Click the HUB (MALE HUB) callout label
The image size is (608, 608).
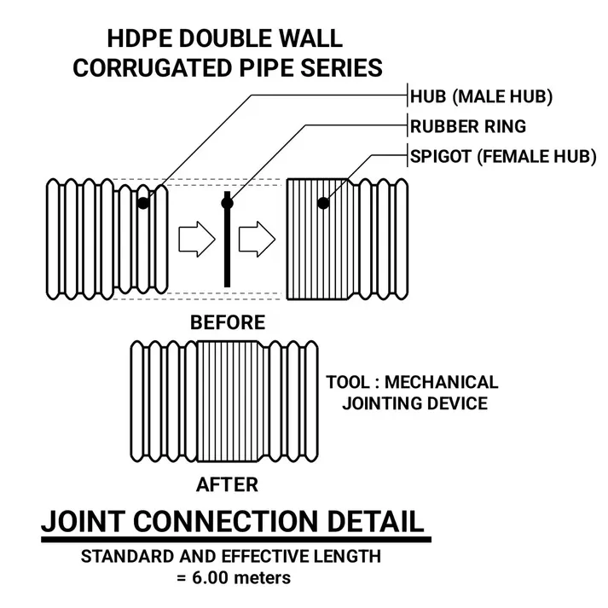[482, 96]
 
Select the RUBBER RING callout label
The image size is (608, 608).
[468, 126]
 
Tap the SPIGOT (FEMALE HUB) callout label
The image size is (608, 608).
[503, 159]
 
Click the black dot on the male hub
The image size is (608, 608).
[143, 203]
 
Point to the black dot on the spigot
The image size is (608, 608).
[323, 203]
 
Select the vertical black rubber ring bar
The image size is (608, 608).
[227, 247]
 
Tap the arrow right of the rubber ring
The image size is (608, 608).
[254, 240]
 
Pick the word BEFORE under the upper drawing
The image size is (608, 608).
[227, 322]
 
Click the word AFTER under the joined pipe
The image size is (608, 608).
[227, 484]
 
